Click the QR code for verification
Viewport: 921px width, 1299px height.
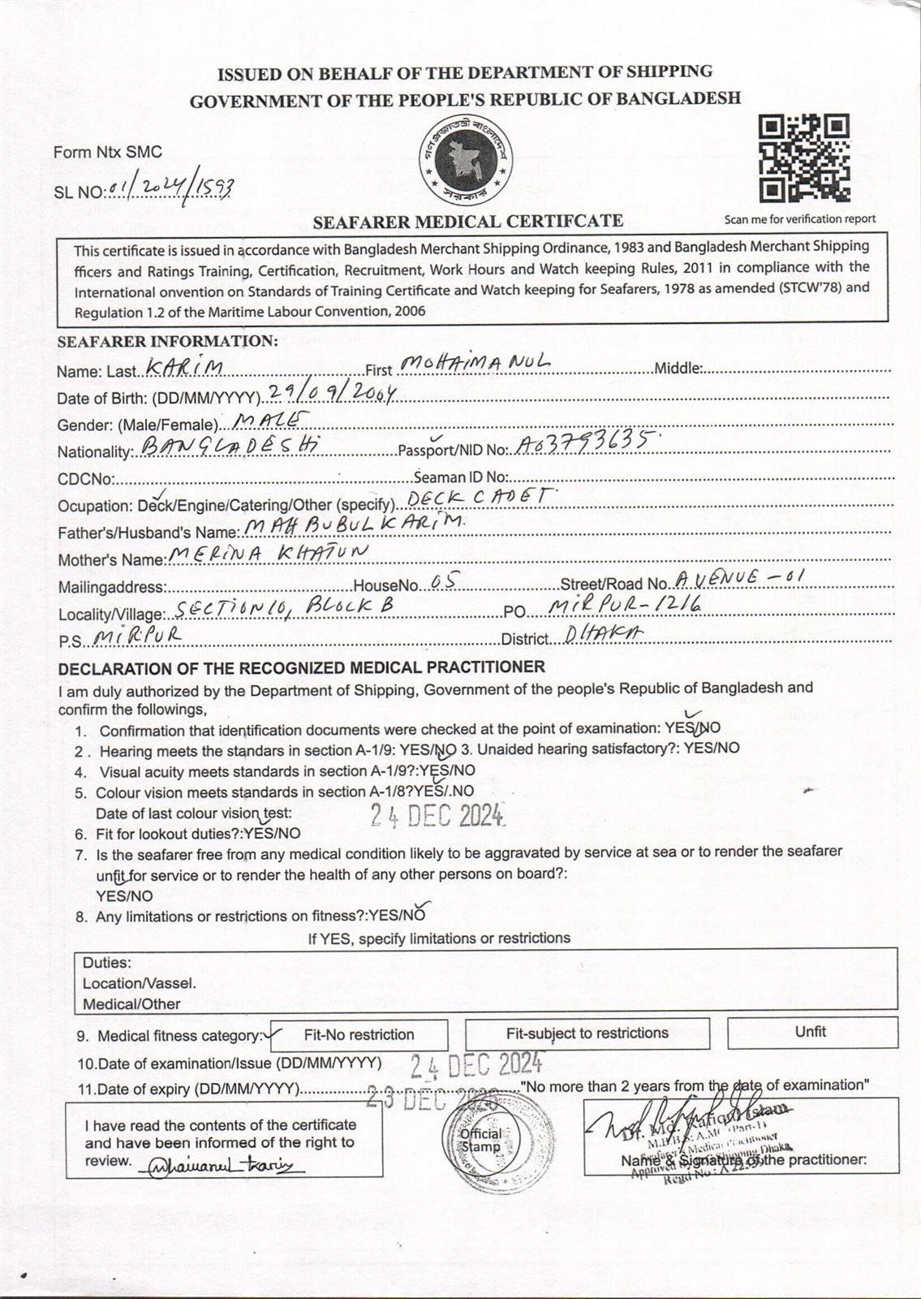(x=803, y=159)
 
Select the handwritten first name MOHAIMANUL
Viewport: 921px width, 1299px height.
(x=476, y=363)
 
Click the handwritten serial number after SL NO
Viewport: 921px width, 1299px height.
(x=171, y=188)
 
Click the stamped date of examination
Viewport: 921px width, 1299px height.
(x=476, y=1064)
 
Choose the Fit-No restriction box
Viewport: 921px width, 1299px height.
(x=359, y=1035)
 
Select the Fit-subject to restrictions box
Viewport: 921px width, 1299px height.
(x=587, y=1034)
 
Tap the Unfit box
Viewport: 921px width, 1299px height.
(x=811, y=1032)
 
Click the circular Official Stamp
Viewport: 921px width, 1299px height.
(x=480, y=1141)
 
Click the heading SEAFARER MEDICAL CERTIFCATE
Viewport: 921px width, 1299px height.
(x=468, y=221)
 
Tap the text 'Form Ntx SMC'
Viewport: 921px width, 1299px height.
(x=107, y=152)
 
